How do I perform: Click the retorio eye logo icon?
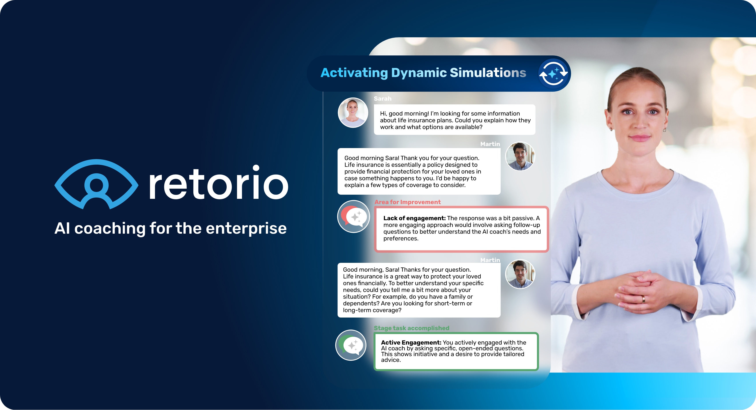[96, 184]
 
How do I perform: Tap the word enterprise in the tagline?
[246, 228]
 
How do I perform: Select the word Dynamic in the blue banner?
[419, 73]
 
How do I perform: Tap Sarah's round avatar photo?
[353, 113]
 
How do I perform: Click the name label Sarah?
[382, 99]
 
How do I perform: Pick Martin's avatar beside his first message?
[520, 156]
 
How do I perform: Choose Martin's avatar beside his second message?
[520, 274]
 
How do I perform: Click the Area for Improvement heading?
[407, 202]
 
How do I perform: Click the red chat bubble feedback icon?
[354, 216]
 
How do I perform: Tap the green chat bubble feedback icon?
[351, 345]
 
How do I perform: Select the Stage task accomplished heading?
[411, 328]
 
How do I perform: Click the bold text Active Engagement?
[411, 342]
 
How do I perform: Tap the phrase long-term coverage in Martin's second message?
[372, 310]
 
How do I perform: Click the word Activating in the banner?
[354, 73]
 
